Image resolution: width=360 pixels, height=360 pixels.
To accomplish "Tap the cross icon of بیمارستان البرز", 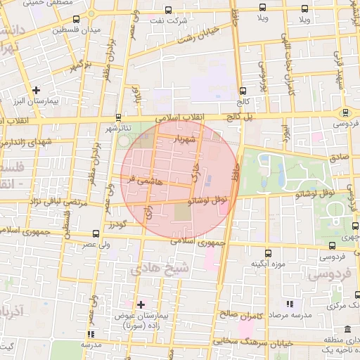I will (x=37, y=90).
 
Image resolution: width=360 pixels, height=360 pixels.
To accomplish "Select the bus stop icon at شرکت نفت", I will (x=167, y=10).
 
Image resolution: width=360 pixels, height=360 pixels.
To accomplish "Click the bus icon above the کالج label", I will (x=243, y=91).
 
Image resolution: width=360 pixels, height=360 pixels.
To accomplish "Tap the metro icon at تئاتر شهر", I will (x=118, y=117).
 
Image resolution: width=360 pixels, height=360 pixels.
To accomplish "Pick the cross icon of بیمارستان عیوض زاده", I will (x=141, y=304).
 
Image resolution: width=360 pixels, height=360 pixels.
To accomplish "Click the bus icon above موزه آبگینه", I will (x=267, y=252).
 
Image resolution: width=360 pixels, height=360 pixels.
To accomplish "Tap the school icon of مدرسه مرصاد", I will (x=290, y=304).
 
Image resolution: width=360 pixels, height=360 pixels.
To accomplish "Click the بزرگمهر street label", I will (x=80, y=67).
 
